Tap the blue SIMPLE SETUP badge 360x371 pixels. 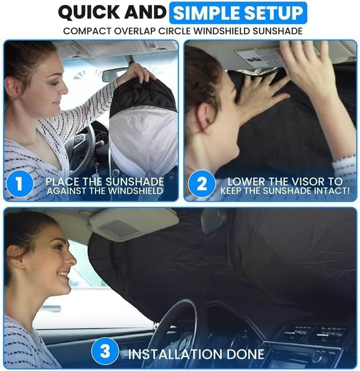[x=238, y=13]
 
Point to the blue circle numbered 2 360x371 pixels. [x=201, y=184]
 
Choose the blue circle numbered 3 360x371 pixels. [x=105, y=352]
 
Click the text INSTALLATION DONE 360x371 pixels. [x=196, y=353]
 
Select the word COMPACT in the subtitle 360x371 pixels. [x=84, y=31]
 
